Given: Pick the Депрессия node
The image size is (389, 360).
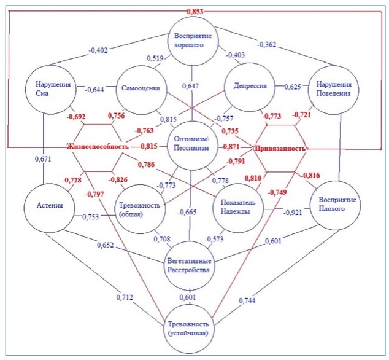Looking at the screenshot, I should (247, 87).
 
